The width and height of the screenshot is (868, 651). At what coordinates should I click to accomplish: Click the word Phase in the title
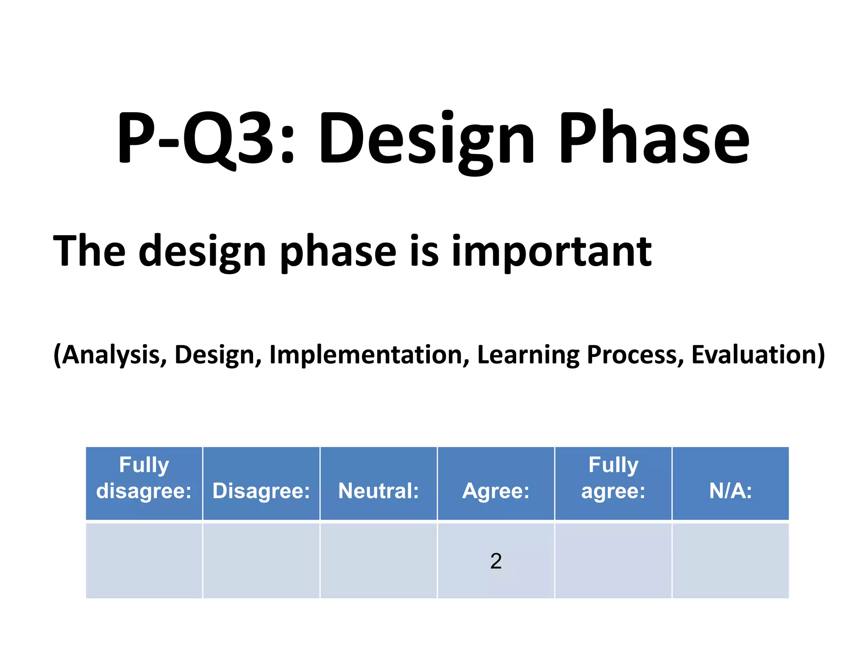(655, 138)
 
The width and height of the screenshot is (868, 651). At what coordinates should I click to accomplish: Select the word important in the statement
(551, 252)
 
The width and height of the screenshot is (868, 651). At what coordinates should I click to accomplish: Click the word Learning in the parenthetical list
(528, 355)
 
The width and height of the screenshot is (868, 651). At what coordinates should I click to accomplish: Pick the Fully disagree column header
(144, 478)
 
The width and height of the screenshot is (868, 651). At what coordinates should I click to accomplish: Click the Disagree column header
(261, 491)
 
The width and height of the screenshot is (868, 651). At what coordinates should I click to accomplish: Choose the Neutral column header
(378, 491)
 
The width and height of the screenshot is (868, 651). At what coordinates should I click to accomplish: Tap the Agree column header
(495, 491)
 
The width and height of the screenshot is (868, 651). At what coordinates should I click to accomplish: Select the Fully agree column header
(613, 478)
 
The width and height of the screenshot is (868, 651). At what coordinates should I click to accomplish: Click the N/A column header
(730, 491)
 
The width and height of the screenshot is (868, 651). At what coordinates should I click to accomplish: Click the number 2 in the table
(496, 561)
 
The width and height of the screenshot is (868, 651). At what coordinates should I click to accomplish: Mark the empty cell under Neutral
(378, 561)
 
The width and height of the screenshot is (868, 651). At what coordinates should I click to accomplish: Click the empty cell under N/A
(730, 561)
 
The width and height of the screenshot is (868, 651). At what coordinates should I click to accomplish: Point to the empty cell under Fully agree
(613, 561)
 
